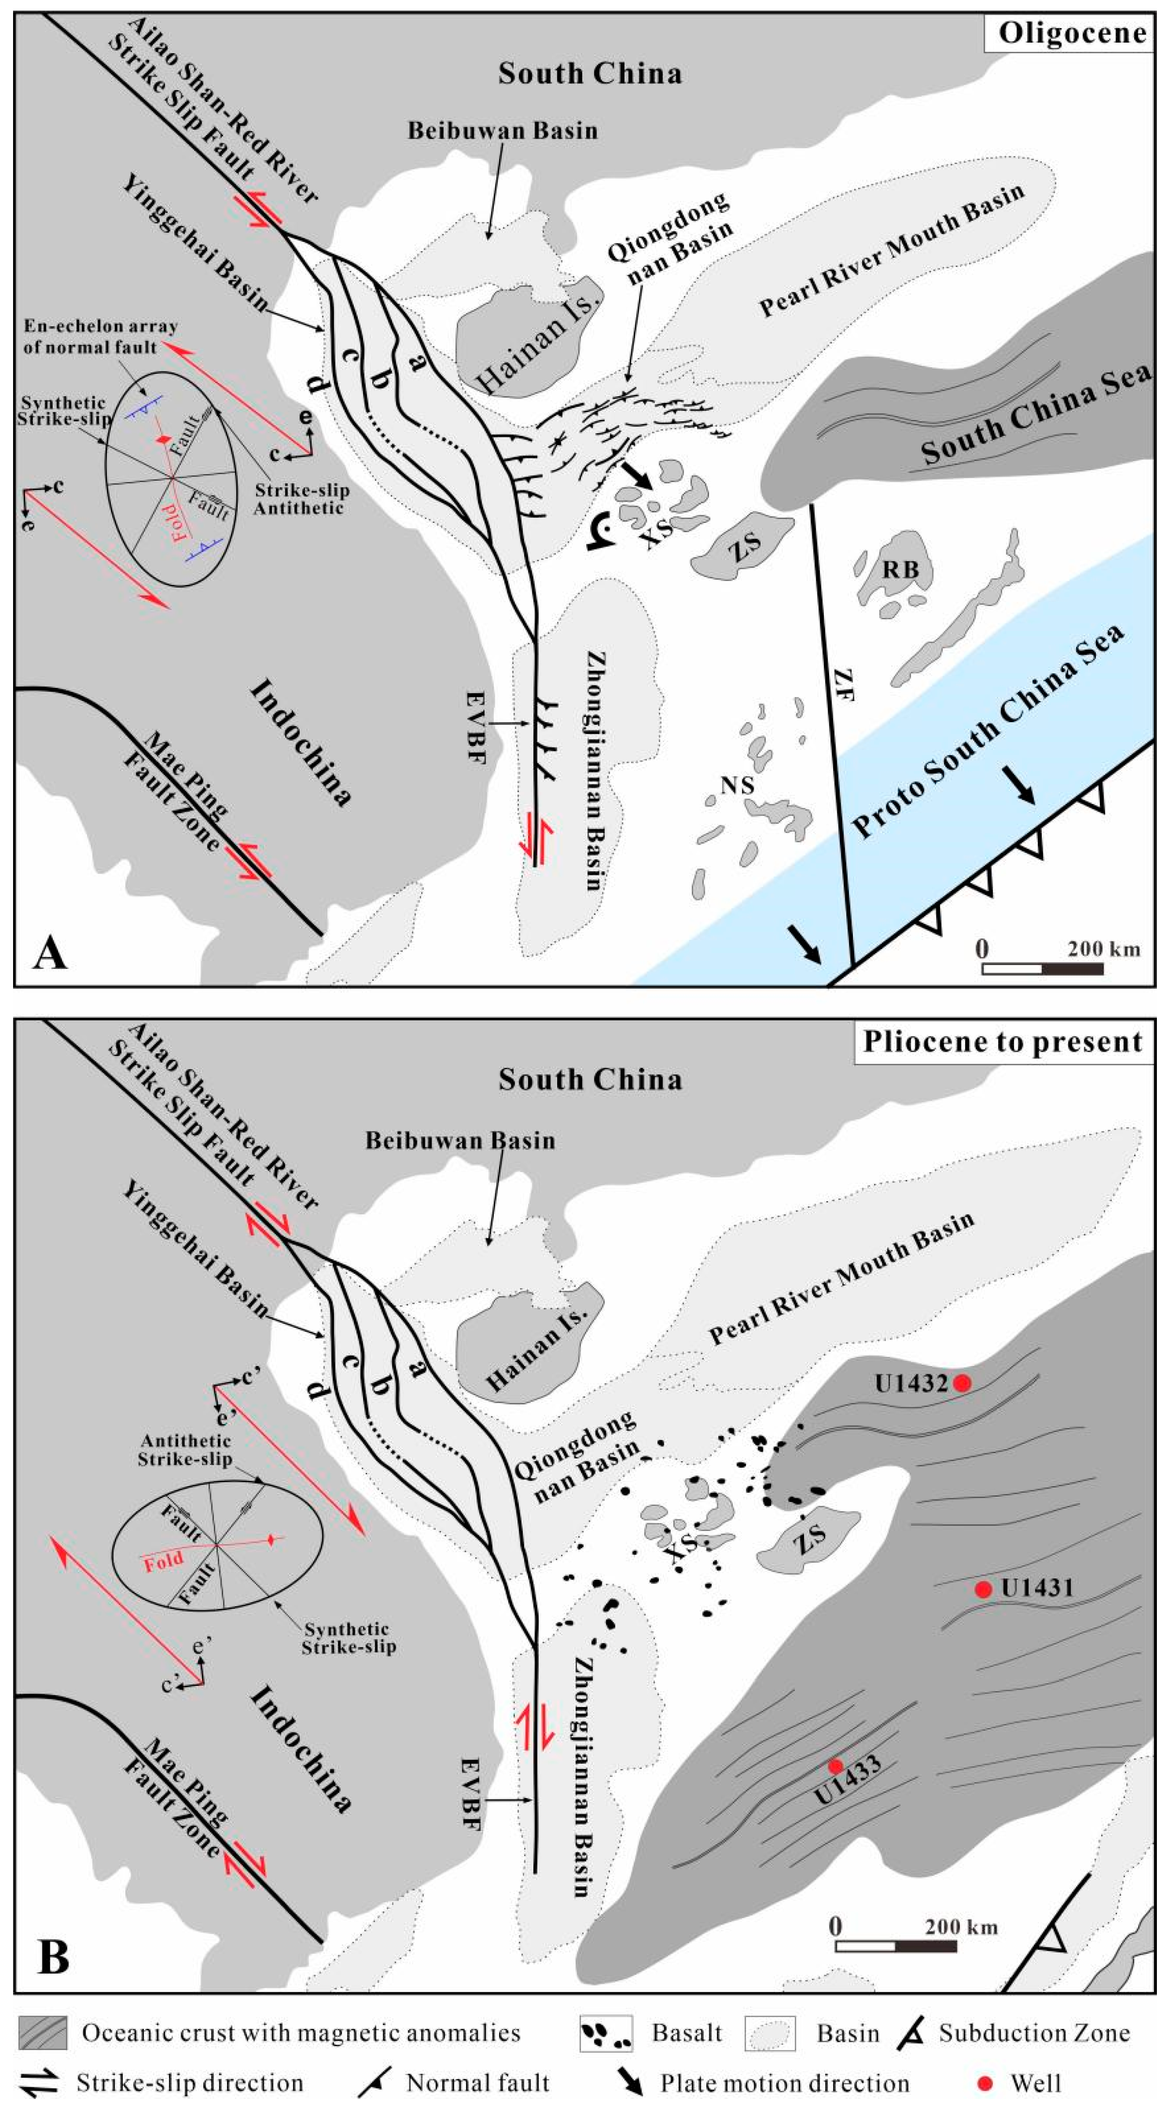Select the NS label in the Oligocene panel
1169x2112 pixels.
[x=737, y=786]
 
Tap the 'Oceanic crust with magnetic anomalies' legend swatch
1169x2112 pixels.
[x=43, y=2033]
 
